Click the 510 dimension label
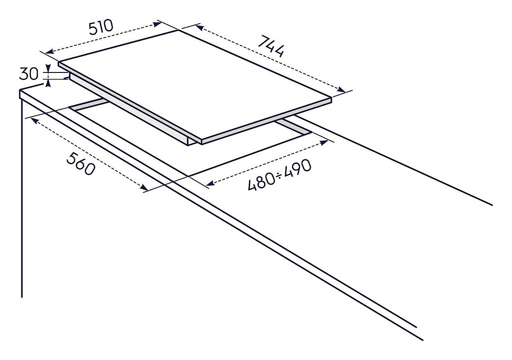pyautogui.click(x=101, y=27)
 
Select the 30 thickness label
pyautogui.click(x=29, y=74)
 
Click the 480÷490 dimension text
pyautogui.click(x=280, y=175)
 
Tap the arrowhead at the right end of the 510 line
pyautogui.click(x=157, y=24)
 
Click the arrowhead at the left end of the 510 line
pyautogui.click(x=49, y=51)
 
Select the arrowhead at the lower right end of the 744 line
pyautogui.click(x=341, y=89)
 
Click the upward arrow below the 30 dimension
pyautogui.click(x=48, y=83)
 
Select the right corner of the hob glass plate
pyautogui.click(x=332, y=97)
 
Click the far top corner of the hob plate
pyautogui.click(x=179, y=30)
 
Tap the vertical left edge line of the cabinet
pyautogui.click(x=21, y=198)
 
